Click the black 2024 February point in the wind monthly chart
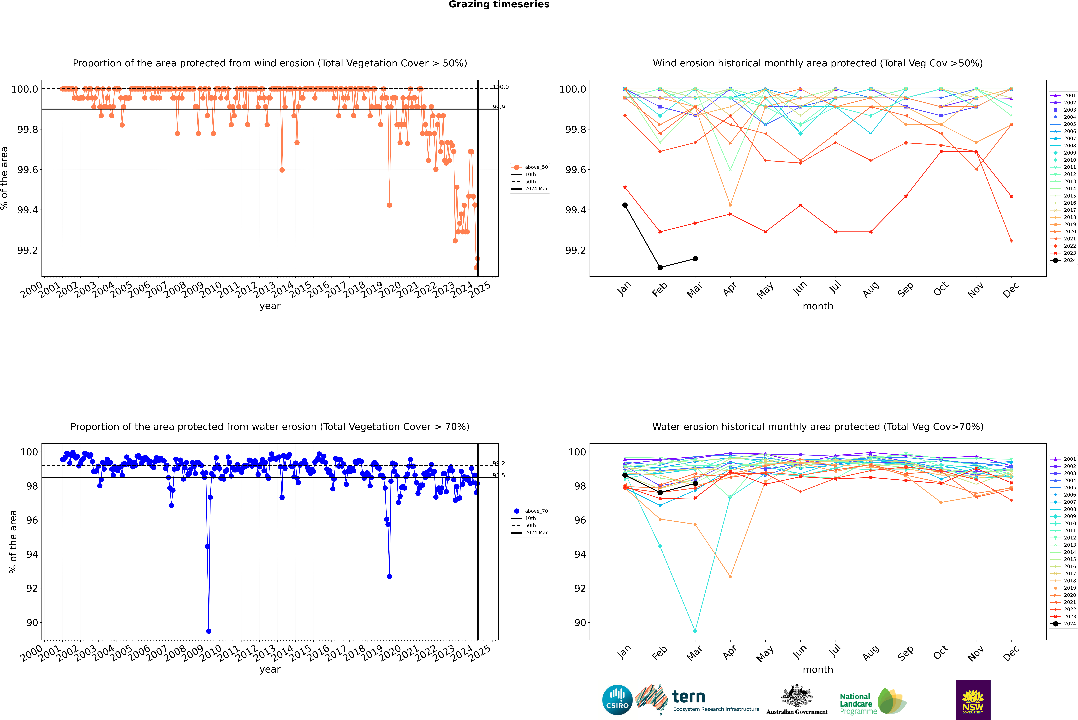click(660, 267)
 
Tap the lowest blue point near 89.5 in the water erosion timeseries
click(209, 631)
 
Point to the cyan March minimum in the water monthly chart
click(695, 631)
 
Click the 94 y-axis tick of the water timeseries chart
click(32, 554)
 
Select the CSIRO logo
click(617, 700)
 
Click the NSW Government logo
click(973, 700)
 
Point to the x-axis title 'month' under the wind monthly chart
click(817, 306)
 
